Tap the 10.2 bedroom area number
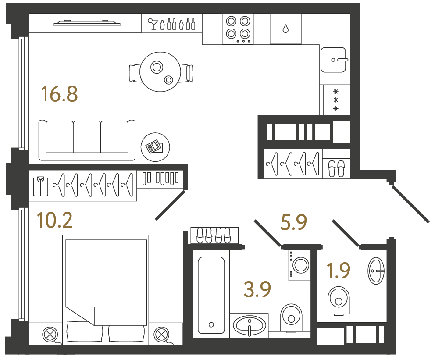click(55, 220)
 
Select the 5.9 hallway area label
click(293, 222)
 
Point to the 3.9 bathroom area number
click(257, 289)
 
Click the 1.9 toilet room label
click(338, 271)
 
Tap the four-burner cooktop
click(238, 29)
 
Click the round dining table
click(160, 72)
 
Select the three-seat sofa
click(87, 140)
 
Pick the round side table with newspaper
click(155, 147)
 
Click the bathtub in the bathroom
click(211, 295)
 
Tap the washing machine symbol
click(300, 265)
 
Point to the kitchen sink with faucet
click(334, 60)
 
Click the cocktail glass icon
click(153, 24)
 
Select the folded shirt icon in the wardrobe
click(40, 186)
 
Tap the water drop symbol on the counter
click(285, 29)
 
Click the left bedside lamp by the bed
click(50, 335)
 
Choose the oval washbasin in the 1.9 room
click(376, 271)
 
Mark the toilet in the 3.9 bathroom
click(291, 318)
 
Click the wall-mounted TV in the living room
click(87, 23)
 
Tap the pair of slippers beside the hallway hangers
click(336, 168)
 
